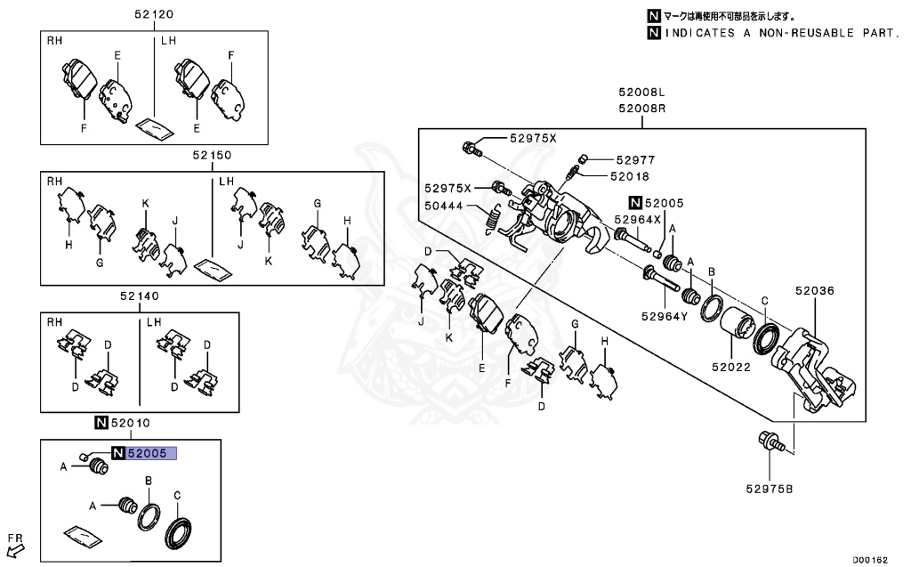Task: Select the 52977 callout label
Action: [635, 160]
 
